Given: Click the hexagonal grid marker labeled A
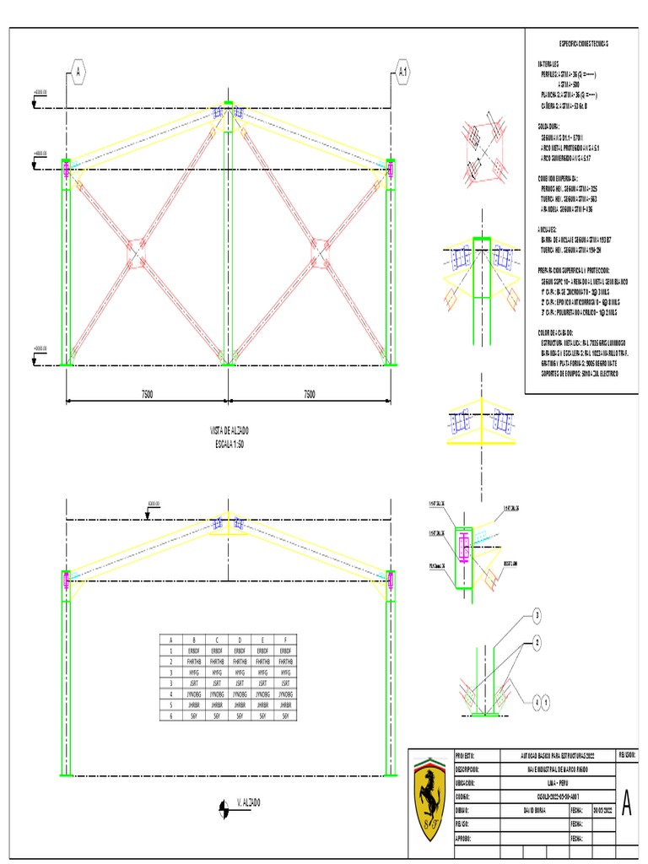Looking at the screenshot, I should pos(78,73).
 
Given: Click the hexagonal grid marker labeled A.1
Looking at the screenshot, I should pos(403,73).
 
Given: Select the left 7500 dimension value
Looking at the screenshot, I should pos(147,394).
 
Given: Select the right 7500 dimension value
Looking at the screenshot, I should pos(309,394).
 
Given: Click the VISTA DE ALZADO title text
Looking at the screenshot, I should pos(229,430).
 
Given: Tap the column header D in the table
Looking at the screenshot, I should pos(240,640).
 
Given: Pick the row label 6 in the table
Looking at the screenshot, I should pos(170,715).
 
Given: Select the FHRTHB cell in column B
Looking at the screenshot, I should pos(194,662).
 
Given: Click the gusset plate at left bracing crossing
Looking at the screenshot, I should pos(136,251).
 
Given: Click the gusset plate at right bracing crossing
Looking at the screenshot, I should pos(320,251).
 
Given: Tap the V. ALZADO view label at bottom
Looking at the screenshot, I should pos(248,801).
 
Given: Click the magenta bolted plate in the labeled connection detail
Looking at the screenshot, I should pos(464,547).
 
